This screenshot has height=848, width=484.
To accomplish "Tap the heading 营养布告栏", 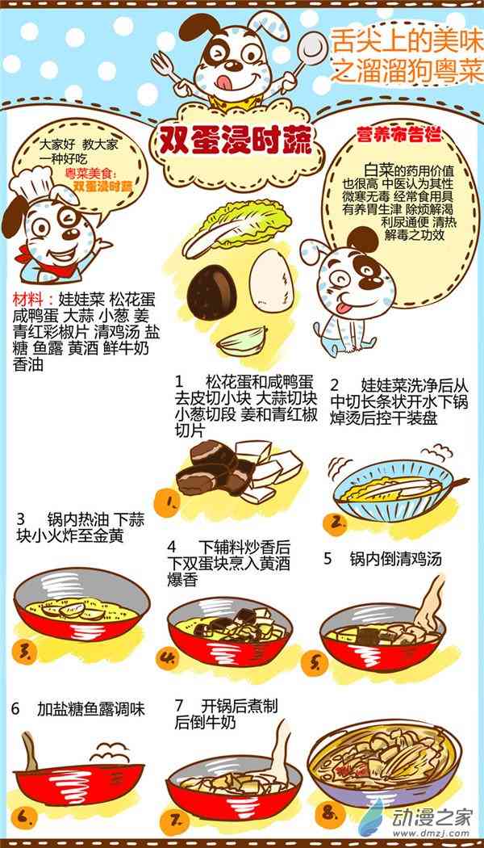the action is click(x=398, y=133).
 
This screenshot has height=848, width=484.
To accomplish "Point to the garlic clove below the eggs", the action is click(x=242, y=339).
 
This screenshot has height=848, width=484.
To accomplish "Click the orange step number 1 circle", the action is click(x=168, y=503).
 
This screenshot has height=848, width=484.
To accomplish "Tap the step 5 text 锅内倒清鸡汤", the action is click(x=395, y=559).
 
